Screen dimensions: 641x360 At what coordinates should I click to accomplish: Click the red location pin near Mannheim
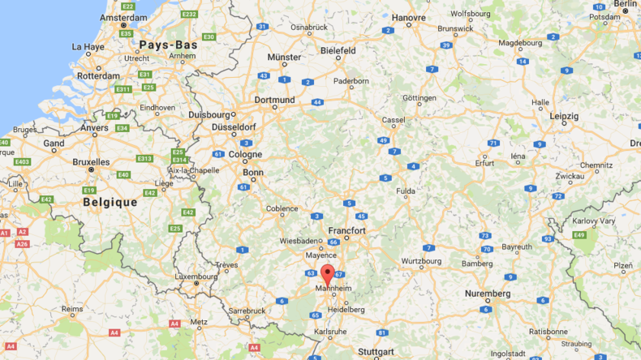tap(327, 273)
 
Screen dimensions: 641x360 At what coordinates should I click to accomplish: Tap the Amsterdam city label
tap(123, 17)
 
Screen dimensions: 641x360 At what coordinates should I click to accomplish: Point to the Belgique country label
tap(110, 202)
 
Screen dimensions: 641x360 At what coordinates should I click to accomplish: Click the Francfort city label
tap(346, 231)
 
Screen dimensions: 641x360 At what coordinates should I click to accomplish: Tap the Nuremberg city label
tap(487, 294)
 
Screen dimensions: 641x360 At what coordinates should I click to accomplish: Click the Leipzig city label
tap(563, 116)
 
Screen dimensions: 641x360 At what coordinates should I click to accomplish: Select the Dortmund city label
tap(274, 101)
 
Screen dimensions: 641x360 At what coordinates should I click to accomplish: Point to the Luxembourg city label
tap(196, 276)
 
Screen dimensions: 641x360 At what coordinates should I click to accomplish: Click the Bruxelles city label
tap(91, 161)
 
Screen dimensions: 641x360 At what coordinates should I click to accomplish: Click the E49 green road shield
tap(579, 235)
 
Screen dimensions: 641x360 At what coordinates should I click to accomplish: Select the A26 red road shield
tap(22, 243)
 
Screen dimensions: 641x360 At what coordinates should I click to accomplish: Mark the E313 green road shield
tap(144, 158)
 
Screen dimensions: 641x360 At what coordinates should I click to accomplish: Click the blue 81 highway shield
tap(381, 332)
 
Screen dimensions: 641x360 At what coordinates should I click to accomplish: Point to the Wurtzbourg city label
tap(422, 263)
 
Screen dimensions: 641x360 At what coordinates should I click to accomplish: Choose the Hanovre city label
tap(408, 17)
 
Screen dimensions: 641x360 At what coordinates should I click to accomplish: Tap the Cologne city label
tap(245, 154)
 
